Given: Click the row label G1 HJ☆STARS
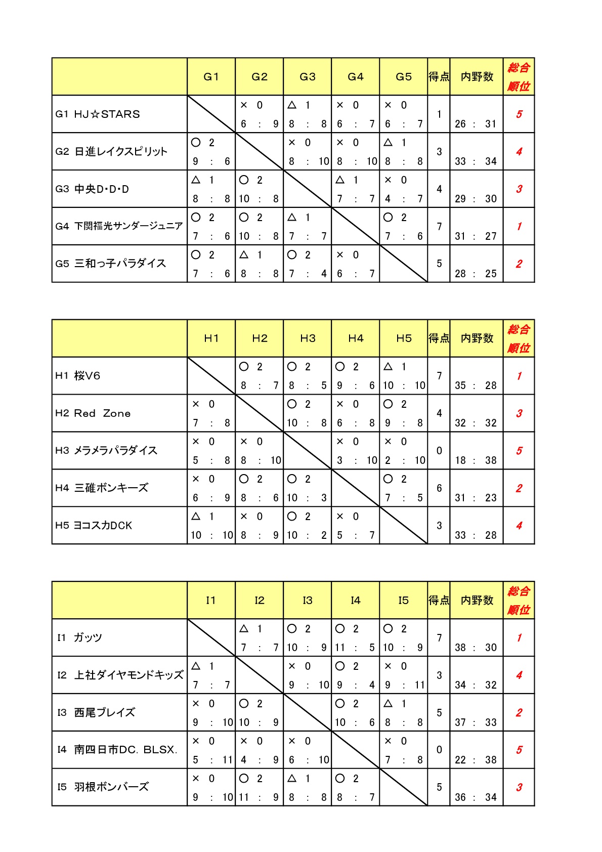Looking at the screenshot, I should (98, 114).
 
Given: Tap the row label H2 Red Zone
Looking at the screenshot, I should (93, 413).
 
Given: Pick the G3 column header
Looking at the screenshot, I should (307, 77).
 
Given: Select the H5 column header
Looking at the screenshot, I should (404, 338).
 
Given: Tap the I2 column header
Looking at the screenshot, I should (259, 601).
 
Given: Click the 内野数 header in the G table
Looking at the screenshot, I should (477, 77).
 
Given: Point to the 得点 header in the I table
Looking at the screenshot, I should (439, 601).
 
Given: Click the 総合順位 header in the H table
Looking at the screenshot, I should (519, 338).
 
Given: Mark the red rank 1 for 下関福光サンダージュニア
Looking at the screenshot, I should (519, 227).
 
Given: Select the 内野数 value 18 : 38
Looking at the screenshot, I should (476, 460).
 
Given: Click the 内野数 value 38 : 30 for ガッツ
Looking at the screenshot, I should (476, 648).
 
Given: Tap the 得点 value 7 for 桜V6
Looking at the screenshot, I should (439, 376).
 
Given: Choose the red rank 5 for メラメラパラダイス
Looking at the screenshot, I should (519, 451).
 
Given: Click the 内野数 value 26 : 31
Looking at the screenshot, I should (476, 124).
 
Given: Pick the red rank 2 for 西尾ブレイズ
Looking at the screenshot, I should (519, 713).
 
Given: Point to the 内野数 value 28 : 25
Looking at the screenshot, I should (476, 274).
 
